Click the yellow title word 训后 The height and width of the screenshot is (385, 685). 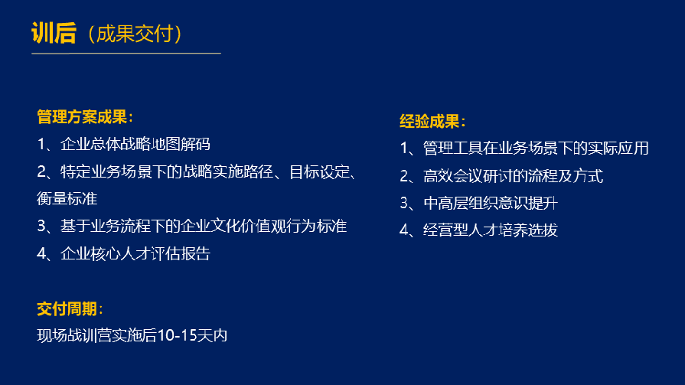54,33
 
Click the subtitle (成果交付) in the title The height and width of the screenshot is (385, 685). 134,34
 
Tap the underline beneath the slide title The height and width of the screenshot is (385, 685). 126,54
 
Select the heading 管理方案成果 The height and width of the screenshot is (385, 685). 84,117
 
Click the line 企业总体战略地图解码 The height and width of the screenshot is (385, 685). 135,144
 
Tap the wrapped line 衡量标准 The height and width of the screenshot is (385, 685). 67,199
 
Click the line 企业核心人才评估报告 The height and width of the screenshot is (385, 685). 135,253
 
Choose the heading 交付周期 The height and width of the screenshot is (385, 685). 67,308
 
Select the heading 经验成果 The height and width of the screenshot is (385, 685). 431,121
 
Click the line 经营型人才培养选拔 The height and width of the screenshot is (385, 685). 490,230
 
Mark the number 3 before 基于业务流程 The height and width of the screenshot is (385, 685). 41,227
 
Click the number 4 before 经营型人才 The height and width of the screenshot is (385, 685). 404,230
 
